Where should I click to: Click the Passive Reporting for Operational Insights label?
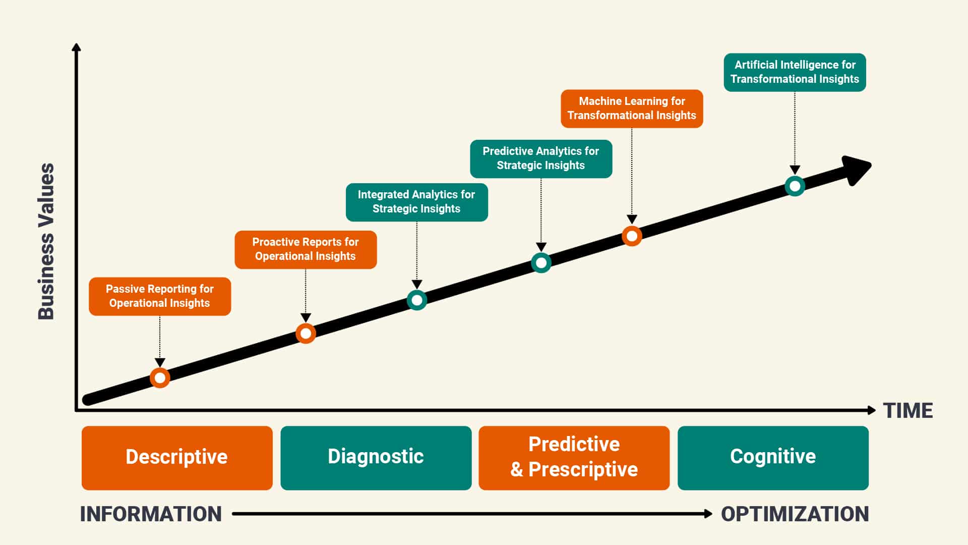pos(160,296)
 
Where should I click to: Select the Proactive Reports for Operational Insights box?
pos(306,249)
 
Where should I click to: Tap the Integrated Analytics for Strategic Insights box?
pos(416,202)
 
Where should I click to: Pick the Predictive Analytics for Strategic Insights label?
pos(541,158)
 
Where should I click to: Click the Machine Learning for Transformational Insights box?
pos(632,108)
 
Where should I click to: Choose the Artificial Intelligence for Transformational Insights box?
pos(795,72)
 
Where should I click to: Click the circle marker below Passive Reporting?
pos(160,377)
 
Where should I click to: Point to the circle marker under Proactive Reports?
pos(306,333)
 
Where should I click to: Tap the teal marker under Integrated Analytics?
pos(417,300)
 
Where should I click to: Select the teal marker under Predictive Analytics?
pos(541,262)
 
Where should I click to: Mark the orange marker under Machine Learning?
pos(632,236)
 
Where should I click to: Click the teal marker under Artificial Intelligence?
pos(795,186)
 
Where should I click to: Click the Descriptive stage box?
pos(177,458)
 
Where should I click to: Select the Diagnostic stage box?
pos(376,458)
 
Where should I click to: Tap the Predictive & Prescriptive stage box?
pos(574,458)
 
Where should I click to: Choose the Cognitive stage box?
pos(773,458)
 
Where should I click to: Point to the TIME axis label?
pos(908,411)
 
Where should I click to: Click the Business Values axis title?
pos(46,241)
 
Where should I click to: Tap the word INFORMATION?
pos(151,514)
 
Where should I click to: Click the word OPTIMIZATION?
pos(795,514)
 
